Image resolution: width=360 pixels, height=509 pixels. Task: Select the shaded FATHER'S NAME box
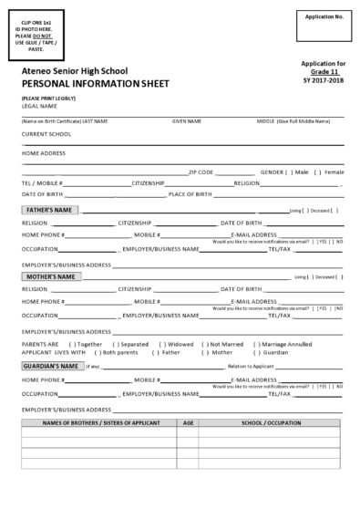click(x=50, y=210)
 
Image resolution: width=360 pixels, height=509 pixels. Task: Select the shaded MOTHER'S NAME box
click(x=50, y=276)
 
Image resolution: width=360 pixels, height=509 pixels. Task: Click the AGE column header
click(x=189, y=423)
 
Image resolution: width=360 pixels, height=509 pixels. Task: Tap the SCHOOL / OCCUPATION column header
click(x=271, y=423)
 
